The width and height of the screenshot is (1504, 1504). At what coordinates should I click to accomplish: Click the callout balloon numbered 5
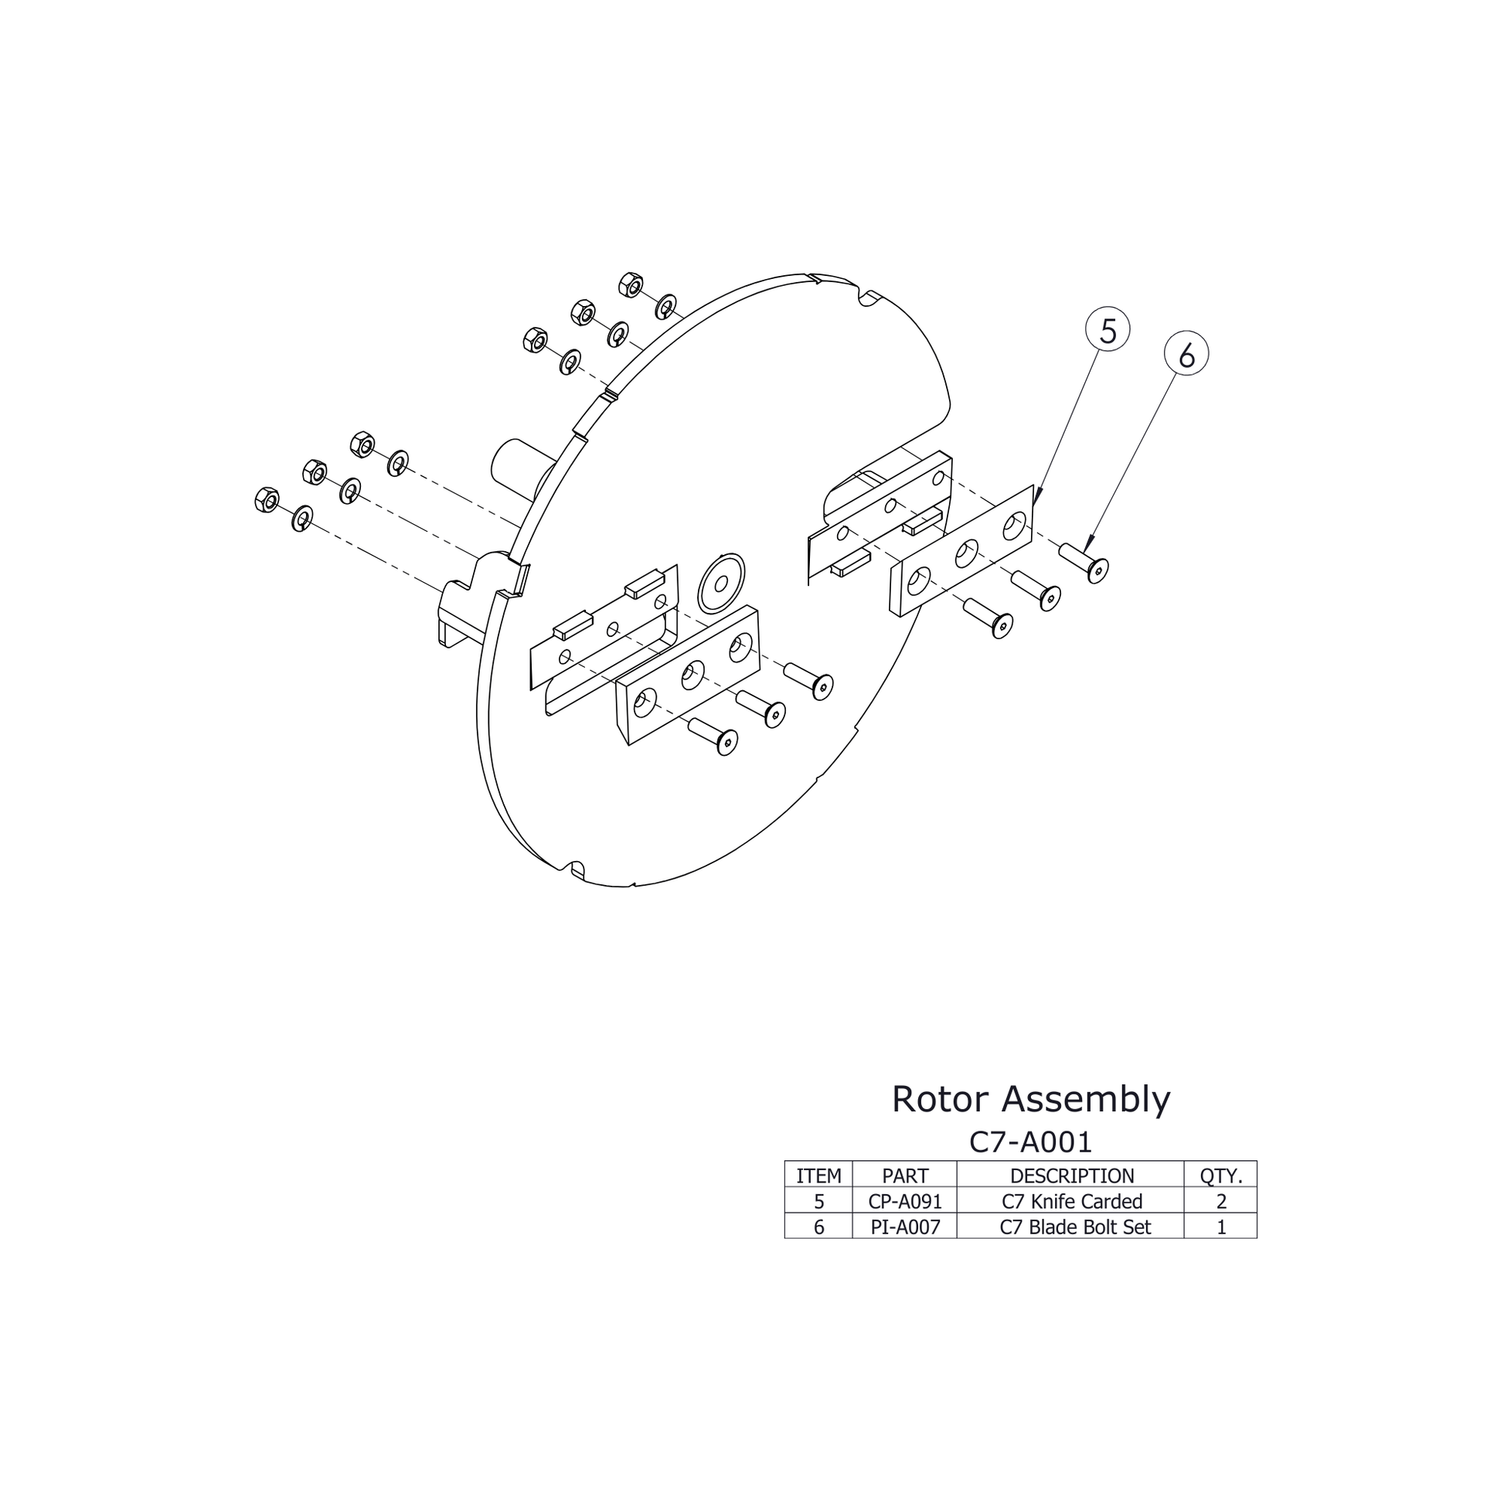coord(1107,330)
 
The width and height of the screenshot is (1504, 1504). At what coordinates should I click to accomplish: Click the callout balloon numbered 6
coord(1186,355)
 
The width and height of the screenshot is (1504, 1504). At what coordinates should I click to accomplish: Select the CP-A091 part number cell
coord(904,1201)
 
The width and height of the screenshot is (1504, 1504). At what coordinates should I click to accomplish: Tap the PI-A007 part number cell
coord(904,1227)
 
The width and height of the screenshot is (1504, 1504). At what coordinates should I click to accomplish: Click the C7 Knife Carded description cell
coord(1071,1201)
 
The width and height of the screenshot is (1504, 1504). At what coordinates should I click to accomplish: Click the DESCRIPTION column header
coord(1071,1176)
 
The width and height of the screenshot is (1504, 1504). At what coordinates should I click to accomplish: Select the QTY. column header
coord(1220,1176)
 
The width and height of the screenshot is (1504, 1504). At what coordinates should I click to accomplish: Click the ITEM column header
coord(818,1176)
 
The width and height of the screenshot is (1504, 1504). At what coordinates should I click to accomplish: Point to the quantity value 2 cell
coord(1220,1201)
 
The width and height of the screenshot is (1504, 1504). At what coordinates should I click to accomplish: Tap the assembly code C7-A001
coord(1030,1142)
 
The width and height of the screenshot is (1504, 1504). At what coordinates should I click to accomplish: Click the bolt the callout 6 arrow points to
coord(1085,561)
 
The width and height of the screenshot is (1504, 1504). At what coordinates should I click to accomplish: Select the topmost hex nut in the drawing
coord(631,285)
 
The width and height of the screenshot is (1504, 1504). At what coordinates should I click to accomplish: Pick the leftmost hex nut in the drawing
coord(266,500)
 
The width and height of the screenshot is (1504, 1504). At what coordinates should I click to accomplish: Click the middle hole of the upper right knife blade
coord(966,554)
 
